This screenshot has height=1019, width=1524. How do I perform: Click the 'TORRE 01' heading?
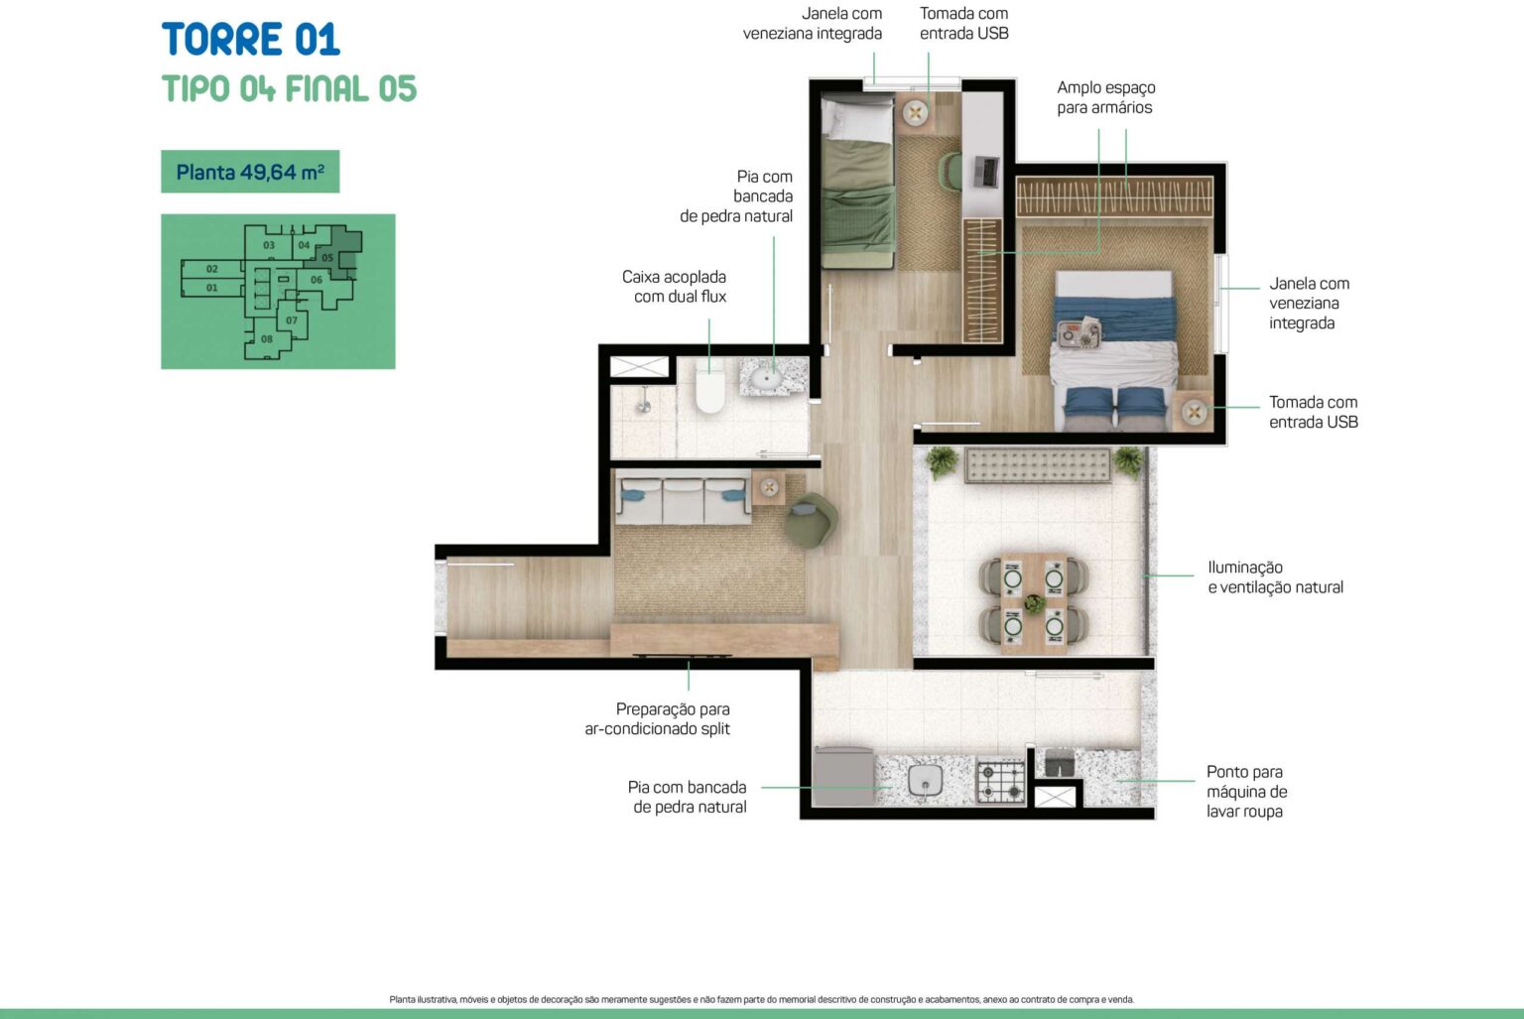(250, 39)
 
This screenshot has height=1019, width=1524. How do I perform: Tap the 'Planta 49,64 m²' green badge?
(250, 172)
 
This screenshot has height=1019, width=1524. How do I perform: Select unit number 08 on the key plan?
(267, 338)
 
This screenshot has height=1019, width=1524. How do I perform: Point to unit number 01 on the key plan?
(212, 288)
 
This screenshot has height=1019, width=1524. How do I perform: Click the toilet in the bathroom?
(709, 387)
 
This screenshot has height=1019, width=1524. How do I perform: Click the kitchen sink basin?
(926, 780)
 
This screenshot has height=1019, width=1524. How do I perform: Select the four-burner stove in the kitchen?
(1001, 780)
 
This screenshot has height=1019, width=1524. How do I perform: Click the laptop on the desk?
(985, 171)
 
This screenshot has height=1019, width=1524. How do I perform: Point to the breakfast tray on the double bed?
(1079, 332)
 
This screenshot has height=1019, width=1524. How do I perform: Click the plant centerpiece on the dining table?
(1034, 602)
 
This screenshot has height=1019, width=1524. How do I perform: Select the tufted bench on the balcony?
(1038, 465)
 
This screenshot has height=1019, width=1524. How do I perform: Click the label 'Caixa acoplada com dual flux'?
(675, 287)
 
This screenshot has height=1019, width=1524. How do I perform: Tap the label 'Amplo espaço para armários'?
(1105, 97)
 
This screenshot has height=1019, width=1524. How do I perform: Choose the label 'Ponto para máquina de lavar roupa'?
(1246, 791)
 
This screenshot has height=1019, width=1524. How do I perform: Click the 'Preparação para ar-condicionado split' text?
(657, 719)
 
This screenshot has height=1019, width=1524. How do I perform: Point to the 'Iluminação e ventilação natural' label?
(1275, 576)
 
